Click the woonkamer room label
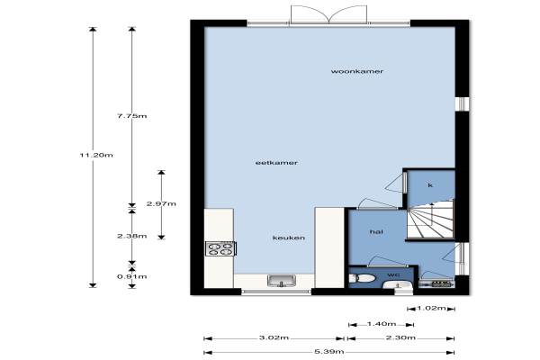(x=357, y=71)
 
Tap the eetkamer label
(x=276, y=163)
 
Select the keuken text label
(x=289, y=238)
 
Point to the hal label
(x=376, y=232)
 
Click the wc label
(x=393, y=274)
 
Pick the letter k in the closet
(x=430, y=185)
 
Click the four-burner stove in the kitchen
(x=220, y=248)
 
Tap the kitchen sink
(x=282, y=281)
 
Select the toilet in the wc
(x=362, y=278)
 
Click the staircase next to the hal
(x=430, y=220)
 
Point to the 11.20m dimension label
(x=96, y=155)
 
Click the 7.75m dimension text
(x=132, y=116)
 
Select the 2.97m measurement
(x=161, y=203)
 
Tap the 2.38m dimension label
(x=132, y=236)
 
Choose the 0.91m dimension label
(x=132, y=276)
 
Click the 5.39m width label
(x=329, y=352)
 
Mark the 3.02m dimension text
(x=274, y=337)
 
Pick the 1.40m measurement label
(x=382, y=324)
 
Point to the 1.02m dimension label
(x=431, y=308)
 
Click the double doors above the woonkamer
(x=328, y=14)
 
